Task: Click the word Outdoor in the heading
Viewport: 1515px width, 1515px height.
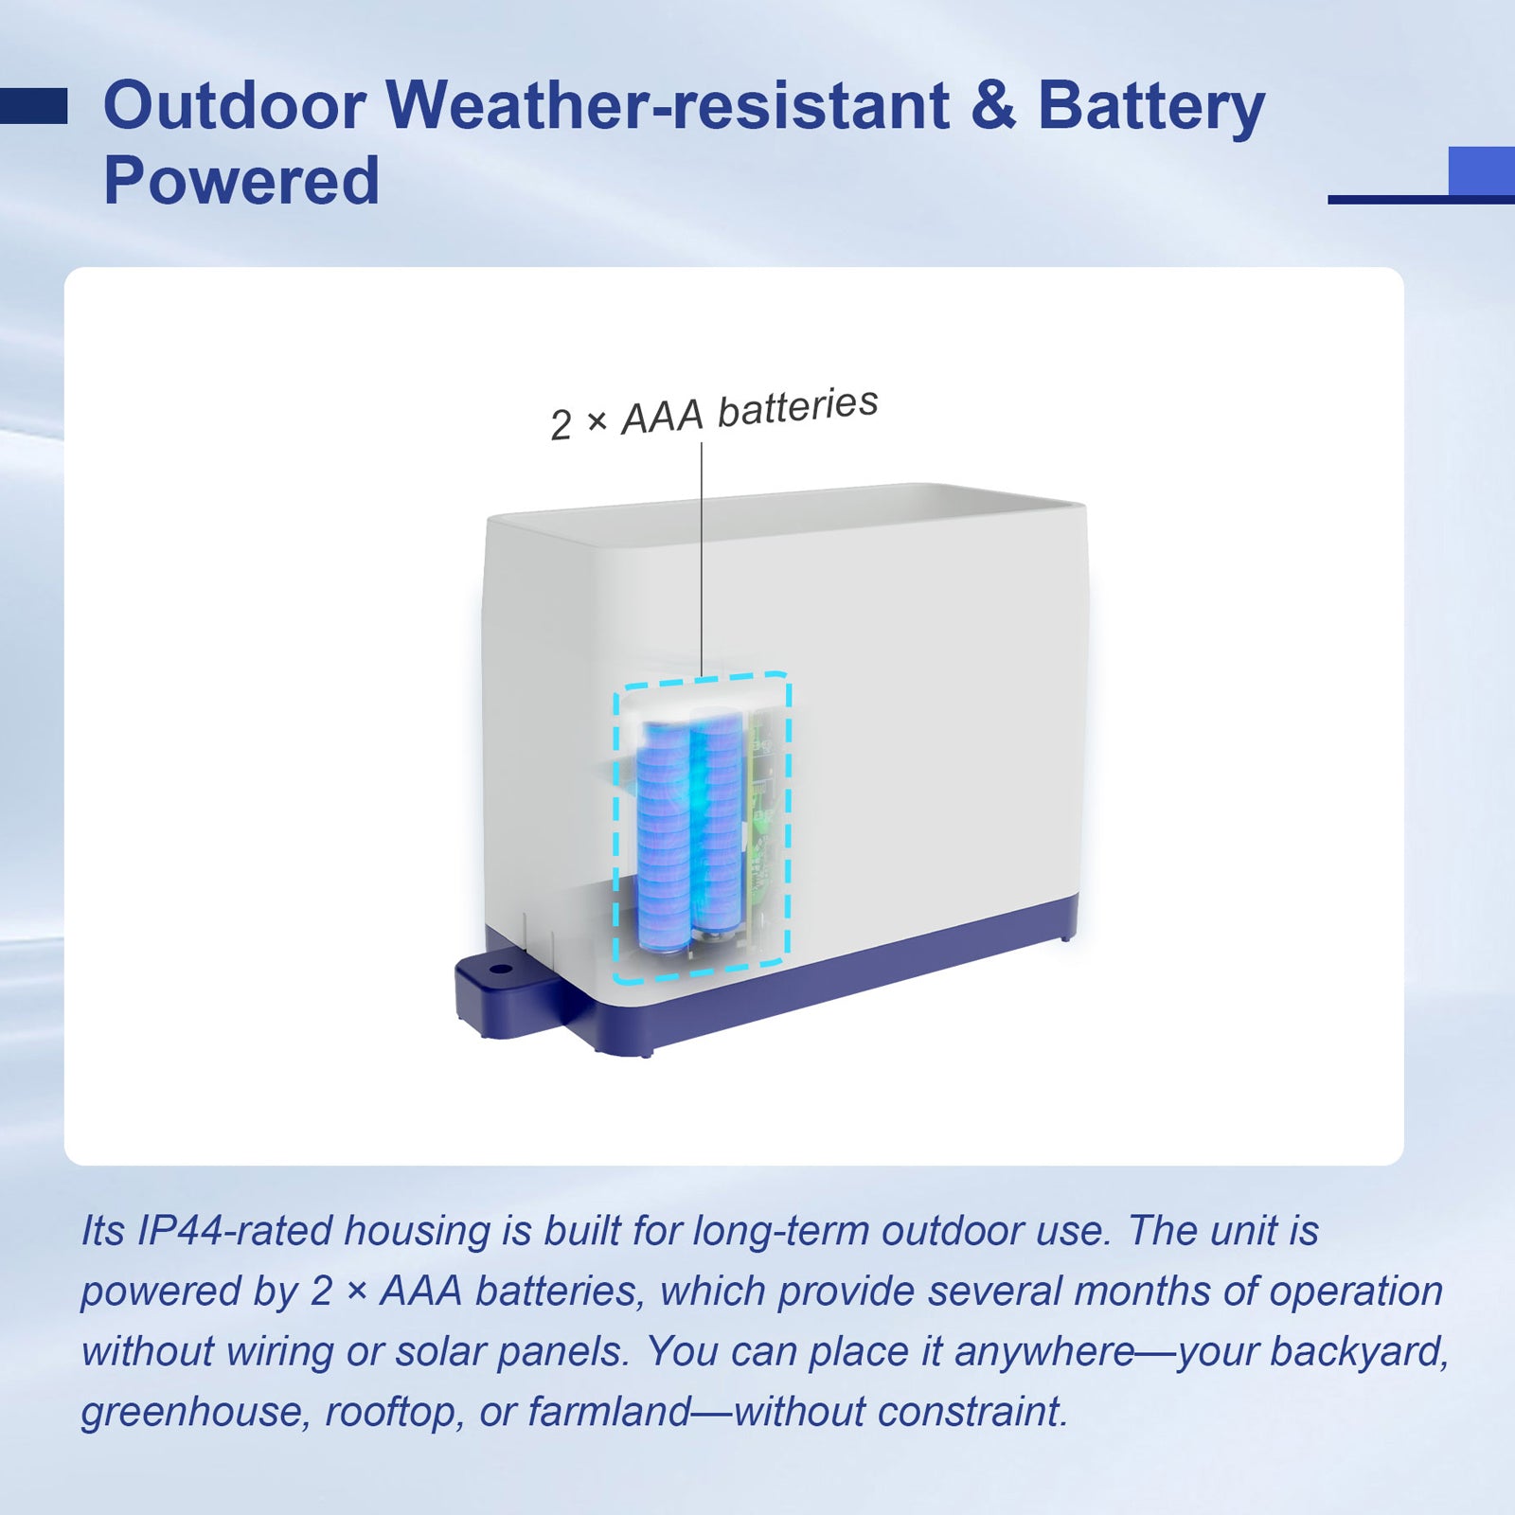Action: (235, 105)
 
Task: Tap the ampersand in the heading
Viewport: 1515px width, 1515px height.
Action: (993, 105)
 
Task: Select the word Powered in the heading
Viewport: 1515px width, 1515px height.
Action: (241, 181)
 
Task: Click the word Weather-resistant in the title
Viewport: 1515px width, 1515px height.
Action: (668, 105)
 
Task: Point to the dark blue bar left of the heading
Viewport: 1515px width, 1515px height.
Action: (33, 106)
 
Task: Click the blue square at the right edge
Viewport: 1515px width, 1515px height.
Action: (1482, 171)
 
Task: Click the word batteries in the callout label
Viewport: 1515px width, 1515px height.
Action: (797, 407)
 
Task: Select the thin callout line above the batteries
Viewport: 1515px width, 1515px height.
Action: (702, 560)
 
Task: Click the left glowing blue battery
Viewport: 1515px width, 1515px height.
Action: (663, 838)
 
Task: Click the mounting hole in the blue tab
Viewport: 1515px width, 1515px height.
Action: (499, 970)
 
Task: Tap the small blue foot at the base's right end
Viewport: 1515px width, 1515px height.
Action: (1067, 937)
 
